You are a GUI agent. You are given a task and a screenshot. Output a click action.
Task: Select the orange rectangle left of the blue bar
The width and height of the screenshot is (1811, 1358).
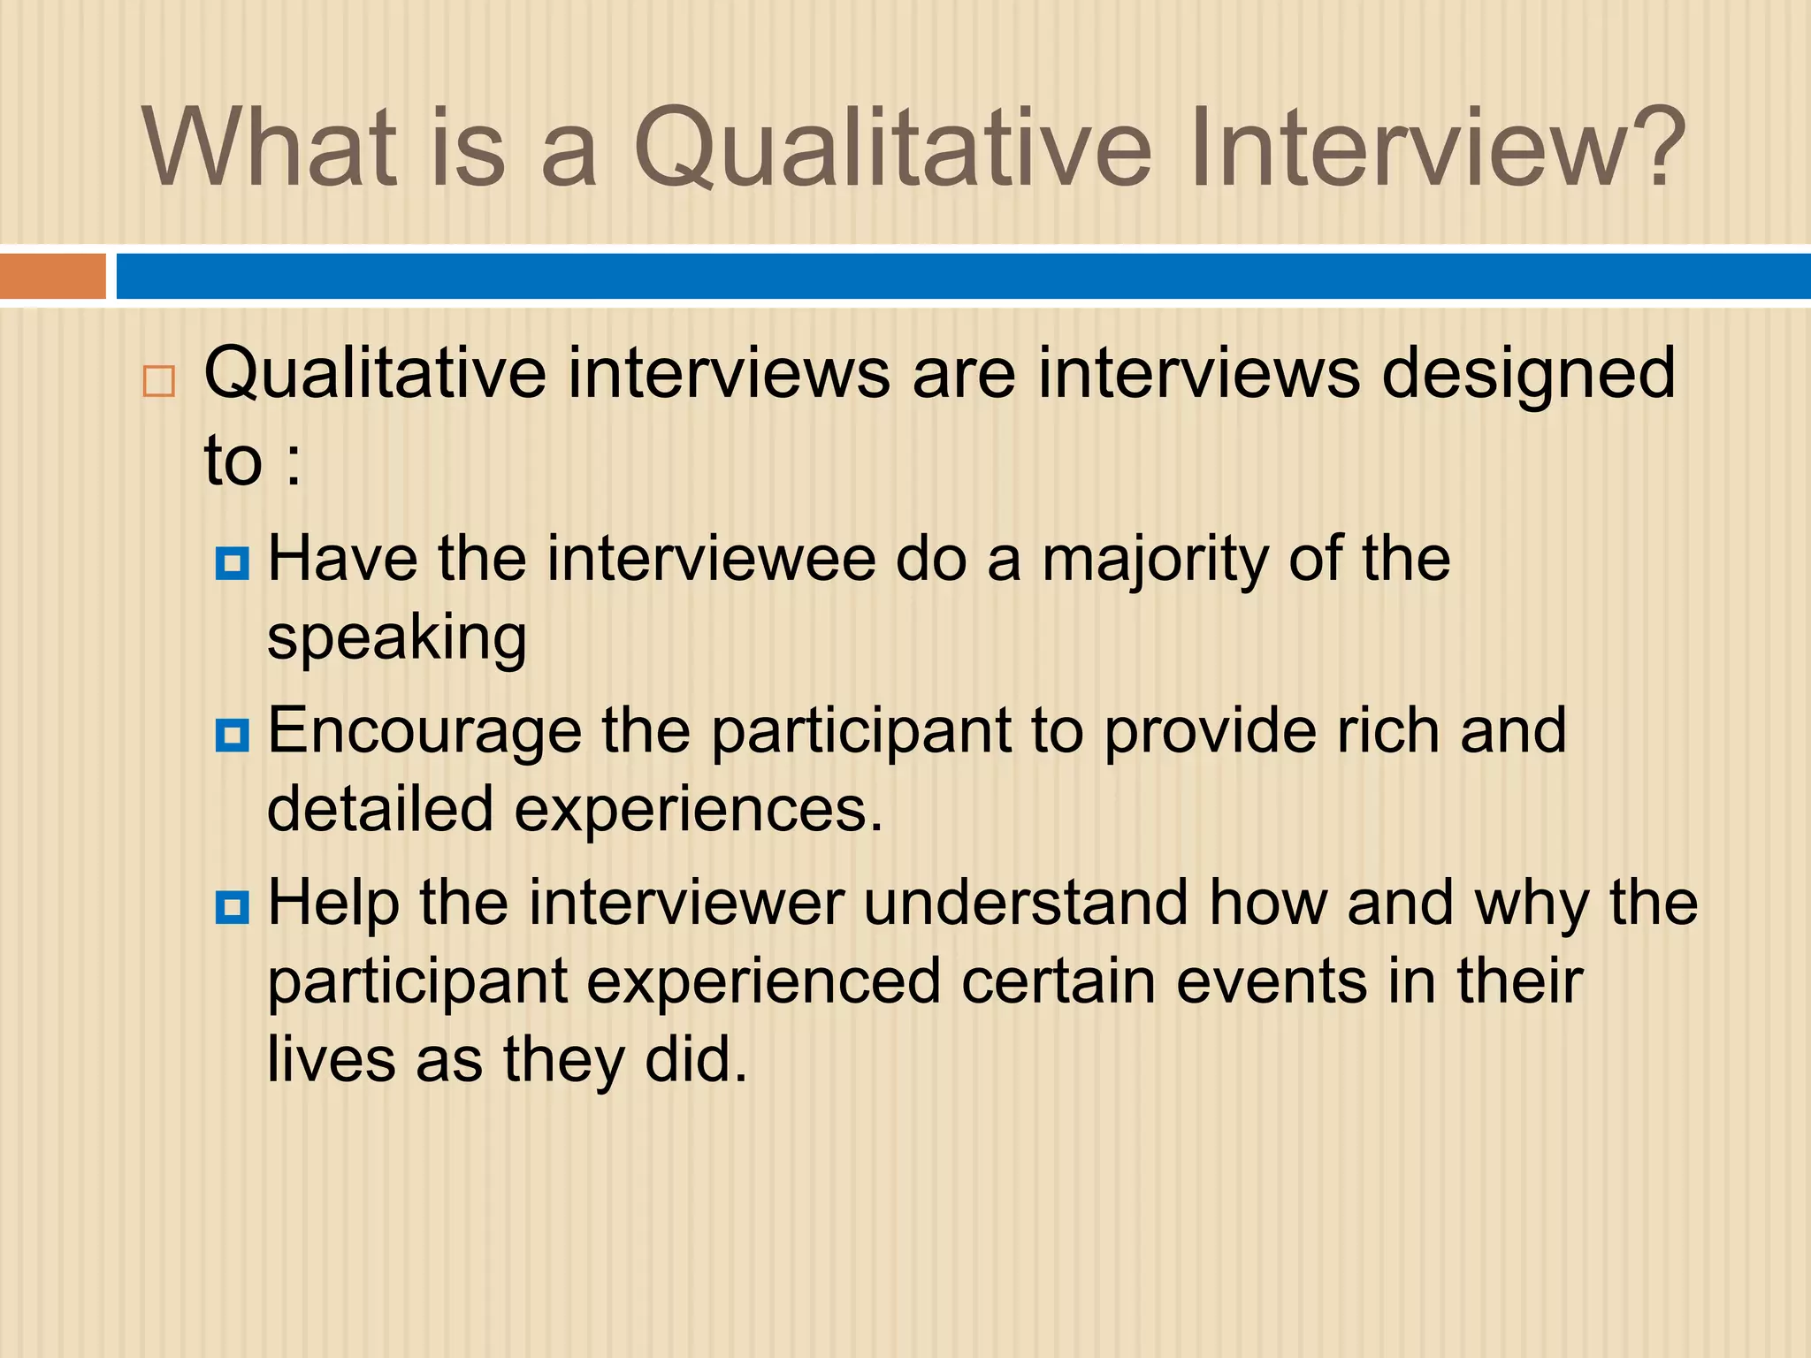[52, 277]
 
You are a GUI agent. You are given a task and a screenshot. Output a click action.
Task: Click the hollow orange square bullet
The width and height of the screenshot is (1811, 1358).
[159, 381]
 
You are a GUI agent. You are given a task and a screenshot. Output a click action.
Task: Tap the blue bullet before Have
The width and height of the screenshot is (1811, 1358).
[233, 562]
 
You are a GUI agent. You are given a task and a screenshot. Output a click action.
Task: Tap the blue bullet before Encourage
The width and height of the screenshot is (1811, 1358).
[233, 735]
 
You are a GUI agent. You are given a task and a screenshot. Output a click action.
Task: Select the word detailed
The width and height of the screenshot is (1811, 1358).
[380, 809]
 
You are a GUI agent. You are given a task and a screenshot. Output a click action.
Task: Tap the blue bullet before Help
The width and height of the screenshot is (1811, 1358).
[233, 907]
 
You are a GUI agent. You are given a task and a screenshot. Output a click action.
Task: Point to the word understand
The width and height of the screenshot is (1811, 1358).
[1025, 904]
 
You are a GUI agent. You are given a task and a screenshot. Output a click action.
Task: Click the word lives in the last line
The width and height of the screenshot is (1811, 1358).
[331, 1059]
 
